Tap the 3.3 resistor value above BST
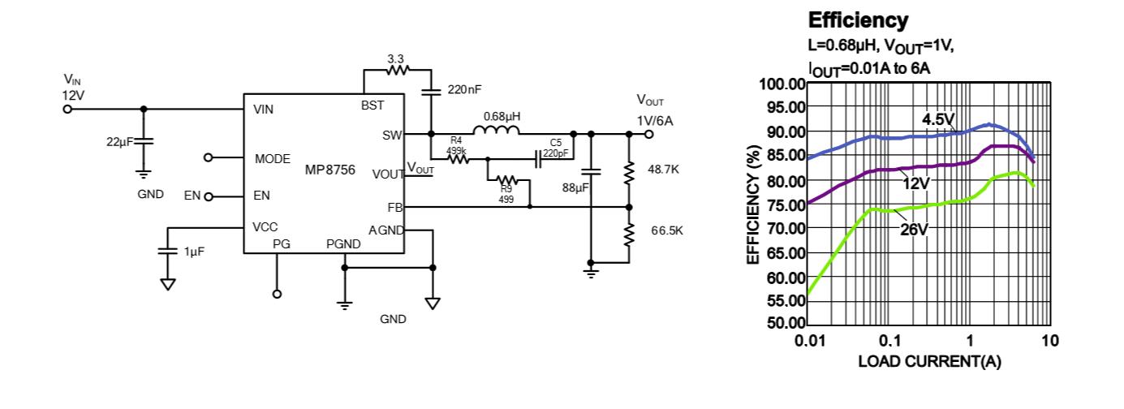[397, 59]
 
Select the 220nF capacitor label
[464, 89]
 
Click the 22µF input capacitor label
[119, 142]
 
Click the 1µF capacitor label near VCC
[194, 252]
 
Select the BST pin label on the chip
[373, 105]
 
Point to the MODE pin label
[273, 159]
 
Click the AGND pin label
[385, 230]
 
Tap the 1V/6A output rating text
[655, 120]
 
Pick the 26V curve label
[914, 230]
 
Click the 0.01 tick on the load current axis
[808, 340]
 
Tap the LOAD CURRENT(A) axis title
[929, 361]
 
